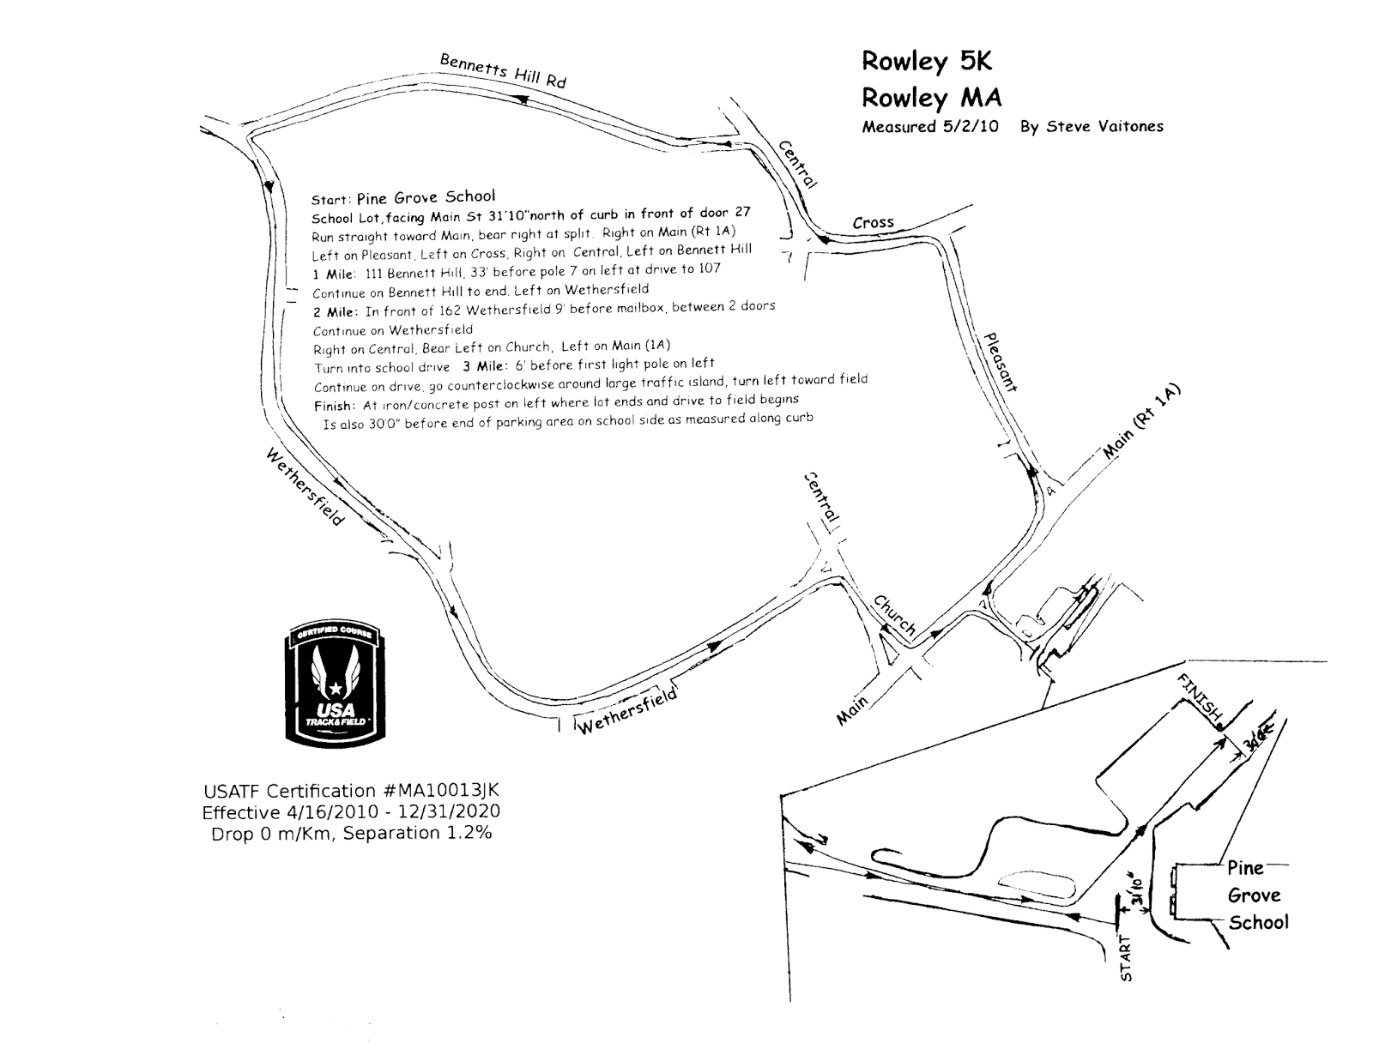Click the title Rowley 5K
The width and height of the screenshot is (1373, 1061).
[927, 62]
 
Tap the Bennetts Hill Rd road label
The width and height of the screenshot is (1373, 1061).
[503, 71]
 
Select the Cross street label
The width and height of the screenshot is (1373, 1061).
[874, 222]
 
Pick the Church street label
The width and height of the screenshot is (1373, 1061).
[895, 615]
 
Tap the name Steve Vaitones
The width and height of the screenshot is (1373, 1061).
[1092, 126]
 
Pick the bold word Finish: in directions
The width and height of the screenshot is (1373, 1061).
[333, 406]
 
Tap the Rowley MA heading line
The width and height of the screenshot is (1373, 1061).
[932, 98]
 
